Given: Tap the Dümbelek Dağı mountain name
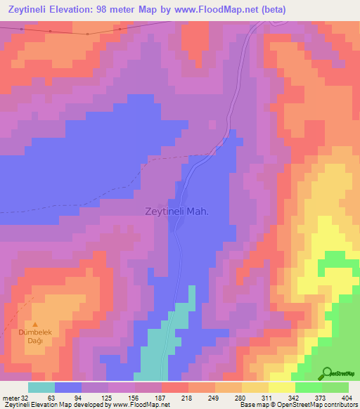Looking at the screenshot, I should pyautogui.click(x=32, y=337).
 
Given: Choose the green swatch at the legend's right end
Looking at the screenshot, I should pyautogui.click(x=335, y=387).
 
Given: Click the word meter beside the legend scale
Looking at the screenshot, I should pyautogui.click(x=10, y=396).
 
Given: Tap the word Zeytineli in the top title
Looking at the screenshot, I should pyautogui.click(x=31, y=9).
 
